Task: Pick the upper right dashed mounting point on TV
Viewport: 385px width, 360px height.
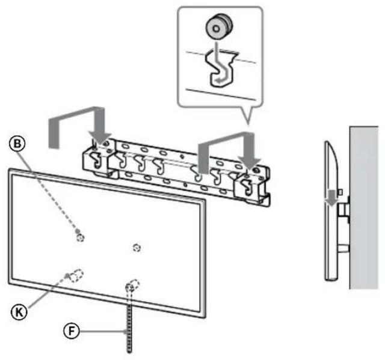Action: (137, 247)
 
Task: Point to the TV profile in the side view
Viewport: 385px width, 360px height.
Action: (328, 240)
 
